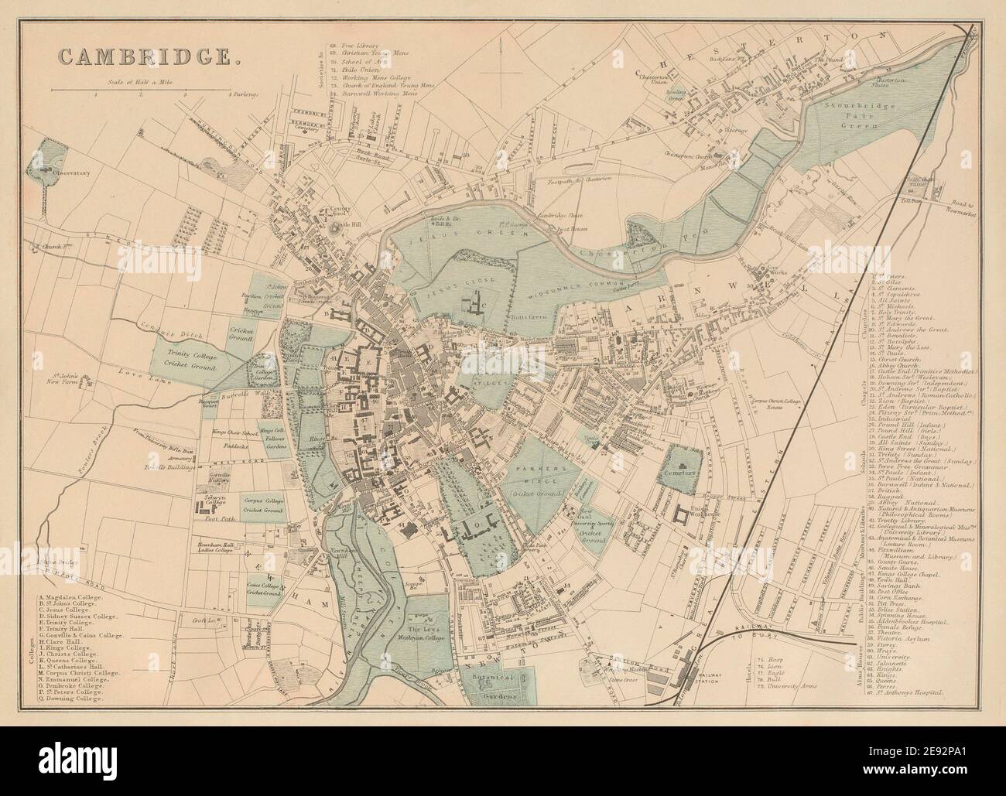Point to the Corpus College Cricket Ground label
264,507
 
